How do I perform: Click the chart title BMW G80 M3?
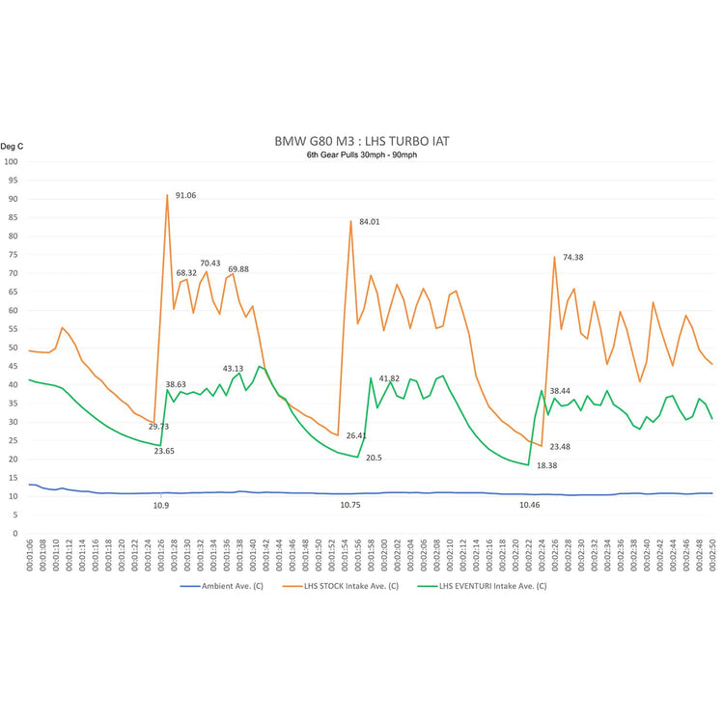[x=361, y=141]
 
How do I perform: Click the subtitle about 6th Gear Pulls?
[x=361, y=155]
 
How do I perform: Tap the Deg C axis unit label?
[x=12, y=146]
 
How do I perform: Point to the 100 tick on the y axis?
[x=12, y=161]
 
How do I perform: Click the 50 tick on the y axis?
[x=14, y=348]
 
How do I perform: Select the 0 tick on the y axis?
[x=15, y=533]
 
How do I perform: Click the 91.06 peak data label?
[x=184, y=195]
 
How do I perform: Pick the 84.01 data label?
[x=369, y=222]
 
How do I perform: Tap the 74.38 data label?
[x=573, y=258]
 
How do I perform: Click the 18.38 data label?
[x=546, y=465]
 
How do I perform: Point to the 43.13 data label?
[x=233, y=369]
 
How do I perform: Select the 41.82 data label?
[x=389, y=378]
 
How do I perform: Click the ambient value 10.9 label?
[x=161, y=506]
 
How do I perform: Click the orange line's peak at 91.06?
[x=167, y=195]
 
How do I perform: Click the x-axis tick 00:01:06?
[x=30, y=558]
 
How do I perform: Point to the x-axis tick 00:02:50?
[x=712, y=558]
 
